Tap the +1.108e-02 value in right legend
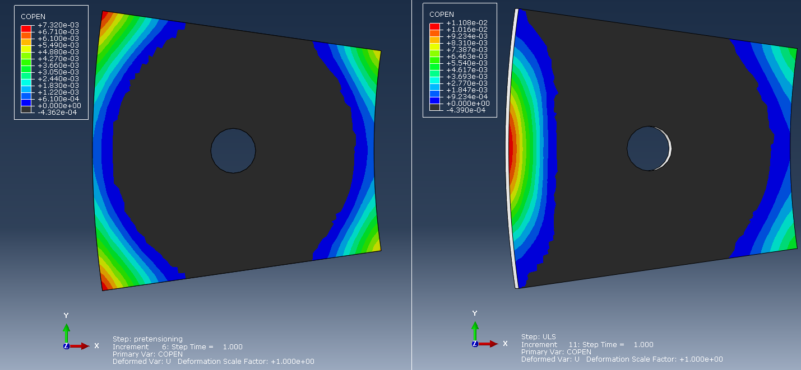click(x=467, y=23)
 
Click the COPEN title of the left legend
click(x=33, y=17)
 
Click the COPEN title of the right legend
click(x=442, y=15)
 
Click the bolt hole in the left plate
click(x=233, y=150)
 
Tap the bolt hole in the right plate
click(x=647, y=148)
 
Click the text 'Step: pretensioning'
click(x=147, y=339)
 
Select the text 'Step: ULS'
click(x=538, y=337)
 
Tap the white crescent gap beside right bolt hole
click(x=669, y=149)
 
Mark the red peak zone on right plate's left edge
click(x=511, y=148)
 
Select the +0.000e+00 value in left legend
click(x=59, y=106)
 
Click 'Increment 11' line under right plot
click(x=587, y=345)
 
